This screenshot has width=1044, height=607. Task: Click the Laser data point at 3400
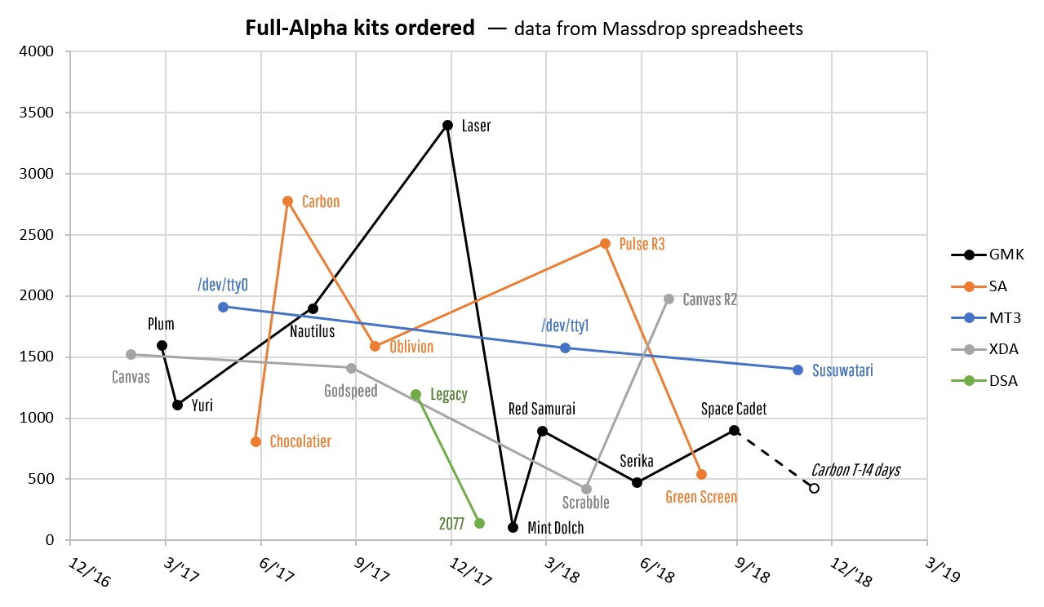[447, 125]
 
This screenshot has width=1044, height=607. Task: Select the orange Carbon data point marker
[287, 201]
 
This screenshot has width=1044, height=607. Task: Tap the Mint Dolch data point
[513, 527]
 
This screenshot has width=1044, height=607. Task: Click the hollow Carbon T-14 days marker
[814, 488]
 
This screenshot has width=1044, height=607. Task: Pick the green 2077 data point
[479, 524]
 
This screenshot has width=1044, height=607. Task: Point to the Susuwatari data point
[797, 370]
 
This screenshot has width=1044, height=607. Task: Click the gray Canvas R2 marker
[669, 299]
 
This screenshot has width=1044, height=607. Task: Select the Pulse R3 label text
[642, 243]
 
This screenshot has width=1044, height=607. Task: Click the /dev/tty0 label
[222, 285]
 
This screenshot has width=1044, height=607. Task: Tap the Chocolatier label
[301, 441]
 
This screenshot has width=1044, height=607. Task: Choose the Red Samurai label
[542, 409]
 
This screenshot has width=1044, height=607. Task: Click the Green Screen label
[701, 497]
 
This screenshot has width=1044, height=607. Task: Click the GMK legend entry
[988, 255]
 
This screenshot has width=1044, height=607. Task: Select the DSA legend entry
[988, 381]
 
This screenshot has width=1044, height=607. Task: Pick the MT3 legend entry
[988, 318]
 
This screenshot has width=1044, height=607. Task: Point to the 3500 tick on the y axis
[37, 113]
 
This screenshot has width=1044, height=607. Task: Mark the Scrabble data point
[586, 489]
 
